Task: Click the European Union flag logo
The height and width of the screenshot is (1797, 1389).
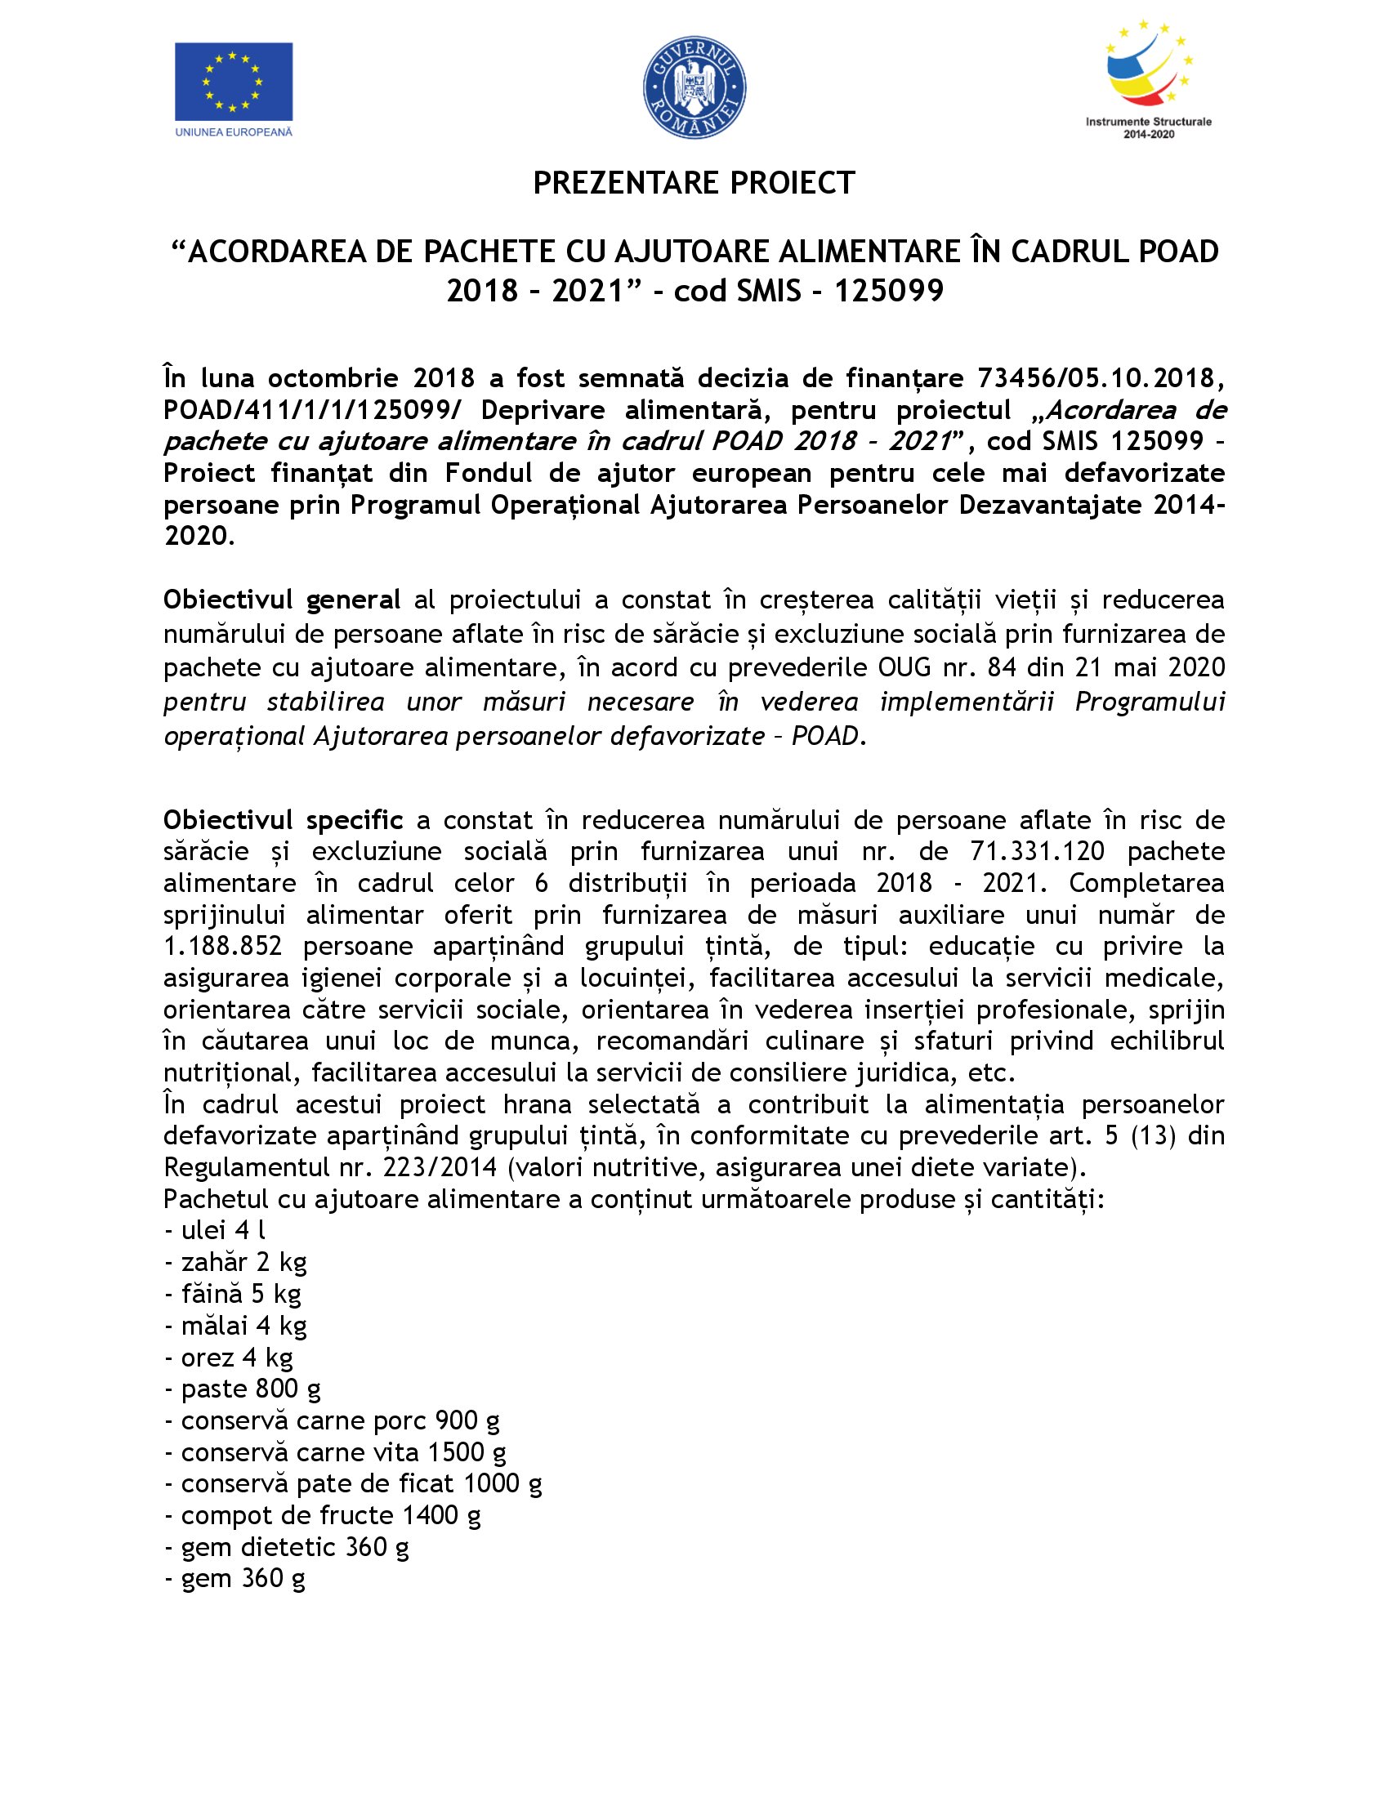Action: pyautogui.click(x=233, y=82)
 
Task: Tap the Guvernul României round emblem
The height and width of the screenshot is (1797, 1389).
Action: pyautogui.click(x=694, y=87)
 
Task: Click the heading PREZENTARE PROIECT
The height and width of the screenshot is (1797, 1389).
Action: pyautogui.click(x=694, y=183)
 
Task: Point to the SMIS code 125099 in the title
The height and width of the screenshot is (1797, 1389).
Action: pyautogui.click(x=889, y=291)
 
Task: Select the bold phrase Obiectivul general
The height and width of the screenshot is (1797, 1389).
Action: pyautogui.click(x=282, y=600)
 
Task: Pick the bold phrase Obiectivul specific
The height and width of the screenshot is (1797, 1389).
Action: pyautogui.click(x=283, y=820)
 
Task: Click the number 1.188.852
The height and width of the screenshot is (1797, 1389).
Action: pyautogui.click(x=222, y=946)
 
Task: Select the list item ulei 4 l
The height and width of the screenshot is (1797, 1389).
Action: pyautogui.click(x=216, y=1230)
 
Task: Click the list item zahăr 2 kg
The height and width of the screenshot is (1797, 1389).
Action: pyautogui.click(x=236, y=1262)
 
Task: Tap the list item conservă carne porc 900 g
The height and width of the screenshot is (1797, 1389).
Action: pyautogui.click(x=333, y=1421)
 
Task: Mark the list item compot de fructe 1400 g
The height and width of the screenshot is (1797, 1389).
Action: pyautogui.click(x=324, y=1515)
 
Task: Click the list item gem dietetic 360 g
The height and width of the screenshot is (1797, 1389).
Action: pyautogui.click(x=287, y=1548)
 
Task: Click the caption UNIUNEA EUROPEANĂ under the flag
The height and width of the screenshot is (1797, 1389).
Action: pyautogui.click(x=234, y=132)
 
